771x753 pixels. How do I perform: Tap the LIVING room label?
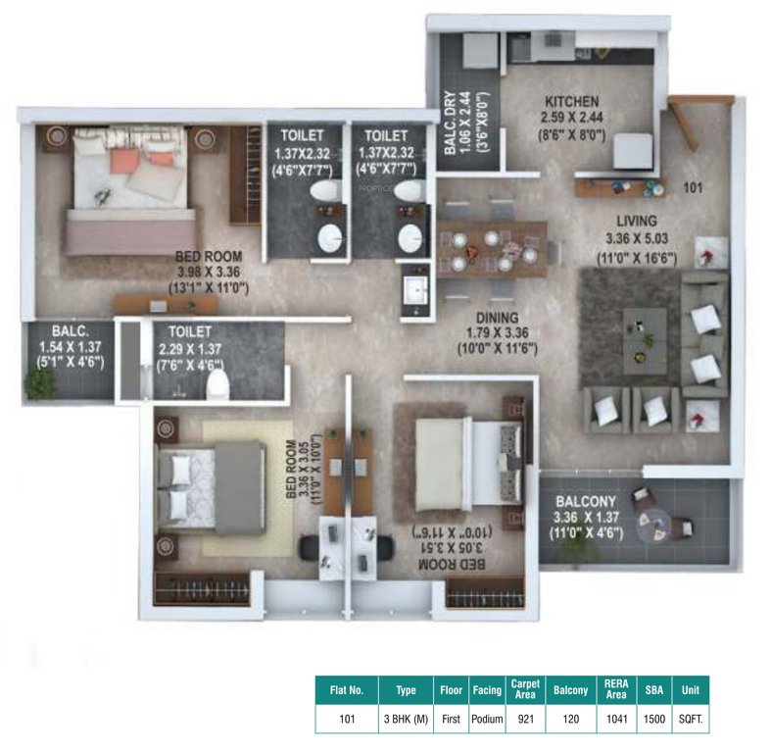636,221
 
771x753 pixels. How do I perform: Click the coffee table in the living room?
645,330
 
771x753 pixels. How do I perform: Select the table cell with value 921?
524,719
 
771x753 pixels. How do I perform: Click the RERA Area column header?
616,690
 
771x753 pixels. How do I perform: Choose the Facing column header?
486,690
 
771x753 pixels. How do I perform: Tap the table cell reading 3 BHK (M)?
406,719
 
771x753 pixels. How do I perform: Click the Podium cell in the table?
486,719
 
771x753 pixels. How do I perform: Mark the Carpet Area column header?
524,690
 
